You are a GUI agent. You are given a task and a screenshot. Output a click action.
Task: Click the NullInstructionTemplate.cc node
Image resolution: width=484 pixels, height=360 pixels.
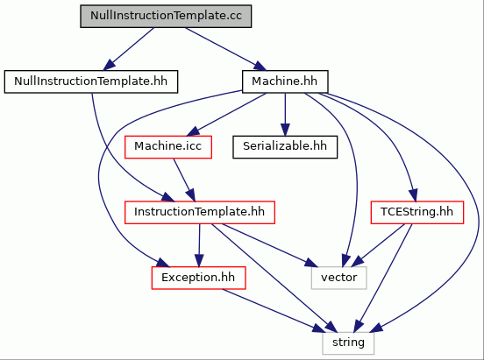point(166,16)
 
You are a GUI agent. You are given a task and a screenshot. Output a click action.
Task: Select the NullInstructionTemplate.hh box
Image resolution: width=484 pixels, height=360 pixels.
point(91,81)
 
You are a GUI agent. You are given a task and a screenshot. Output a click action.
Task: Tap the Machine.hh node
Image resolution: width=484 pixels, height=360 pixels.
point(285,81)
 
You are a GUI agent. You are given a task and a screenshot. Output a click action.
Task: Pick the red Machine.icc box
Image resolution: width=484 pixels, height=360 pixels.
point(168,147)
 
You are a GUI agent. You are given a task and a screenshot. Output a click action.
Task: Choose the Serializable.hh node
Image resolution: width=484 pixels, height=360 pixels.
point(285,147)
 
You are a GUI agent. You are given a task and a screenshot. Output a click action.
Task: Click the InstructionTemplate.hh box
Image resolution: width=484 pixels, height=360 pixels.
point(200,212)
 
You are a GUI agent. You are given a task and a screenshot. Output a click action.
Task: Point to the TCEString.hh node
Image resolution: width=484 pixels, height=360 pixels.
point(417,212)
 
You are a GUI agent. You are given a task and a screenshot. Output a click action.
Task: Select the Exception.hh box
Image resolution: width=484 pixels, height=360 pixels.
point(198,278)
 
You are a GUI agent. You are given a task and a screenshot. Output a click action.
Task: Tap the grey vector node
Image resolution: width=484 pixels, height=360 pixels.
point(339,278)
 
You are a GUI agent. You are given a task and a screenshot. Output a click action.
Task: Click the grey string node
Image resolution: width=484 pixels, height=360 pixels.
point(348,343)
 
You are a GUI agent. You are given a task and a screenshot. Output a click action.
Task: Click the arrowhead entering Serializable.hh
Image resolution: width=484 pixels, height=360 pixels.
point(285,130)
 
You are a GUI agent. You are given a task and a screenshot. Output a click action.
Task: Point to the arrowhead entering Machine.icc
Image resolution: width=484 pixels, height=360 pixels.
point(193,132)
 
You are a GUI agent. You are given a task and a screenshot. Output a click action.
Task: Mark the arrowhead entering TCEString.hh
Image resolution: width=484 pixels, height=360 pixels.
point(414,195)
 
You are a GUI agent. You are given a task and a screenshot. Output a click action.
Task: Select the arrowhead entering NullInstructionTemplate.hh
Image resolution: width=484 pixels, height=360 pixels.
point(110,65)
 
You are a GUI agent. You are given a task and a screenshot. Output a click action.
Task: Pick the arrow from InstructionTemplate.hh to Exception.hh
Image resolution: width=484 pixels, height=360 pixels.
point(199,245)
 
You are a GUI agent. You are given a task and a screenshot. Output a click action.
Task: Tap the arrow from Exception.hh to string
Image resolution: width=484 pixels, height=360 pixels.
point(274,311)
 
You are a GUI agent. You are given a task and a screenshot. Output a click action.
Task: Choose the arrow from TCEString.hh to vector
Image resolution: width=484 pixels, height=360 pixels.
point(378,245)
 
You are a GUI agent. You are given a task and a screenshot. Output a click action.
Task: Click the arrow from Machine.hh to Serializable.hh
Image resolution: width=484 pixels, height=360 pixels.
point(285,115)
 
